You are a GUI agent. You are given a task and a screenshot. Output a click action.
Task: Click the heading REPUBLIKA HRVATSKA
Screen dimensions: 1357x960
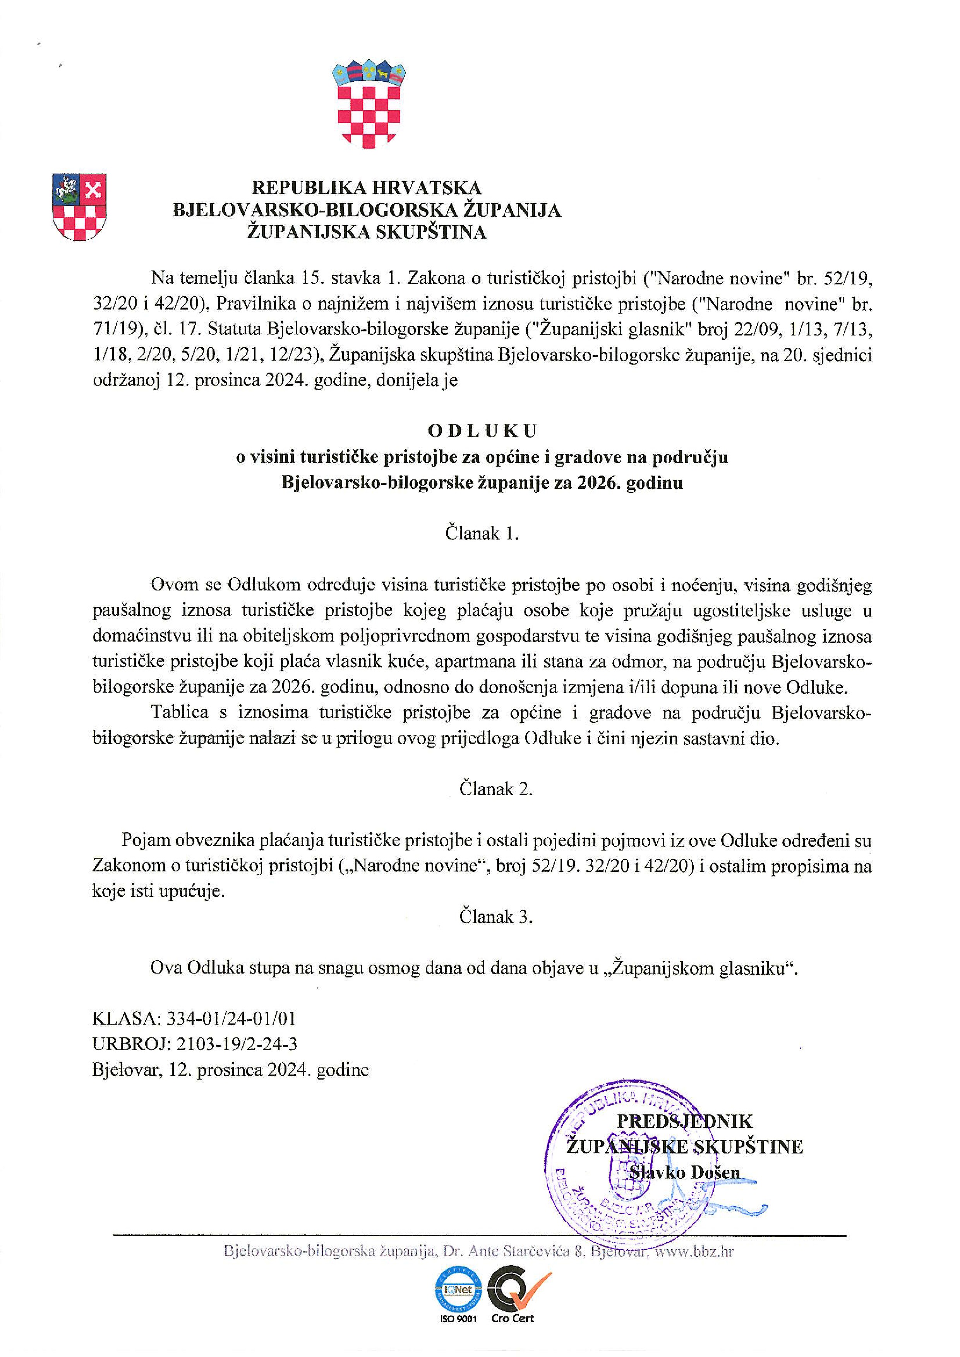[x=367, y=188]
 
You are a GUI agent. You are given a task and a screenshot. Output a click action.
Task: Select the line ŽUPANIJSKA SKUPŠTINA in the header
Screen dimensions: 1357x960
[x=367, y=232]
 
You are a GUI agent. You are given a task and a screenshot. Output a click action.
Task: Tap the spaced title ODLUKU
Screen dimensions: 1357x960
[x=482, y=431]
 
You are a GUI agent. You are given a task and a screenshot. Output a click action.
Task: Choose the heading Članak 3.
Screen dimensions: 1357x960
[x=496, y=917]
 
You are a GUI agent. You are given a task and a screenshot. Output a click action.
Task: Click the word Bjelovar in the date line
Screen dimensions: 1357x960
[x=121, y=1070]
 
